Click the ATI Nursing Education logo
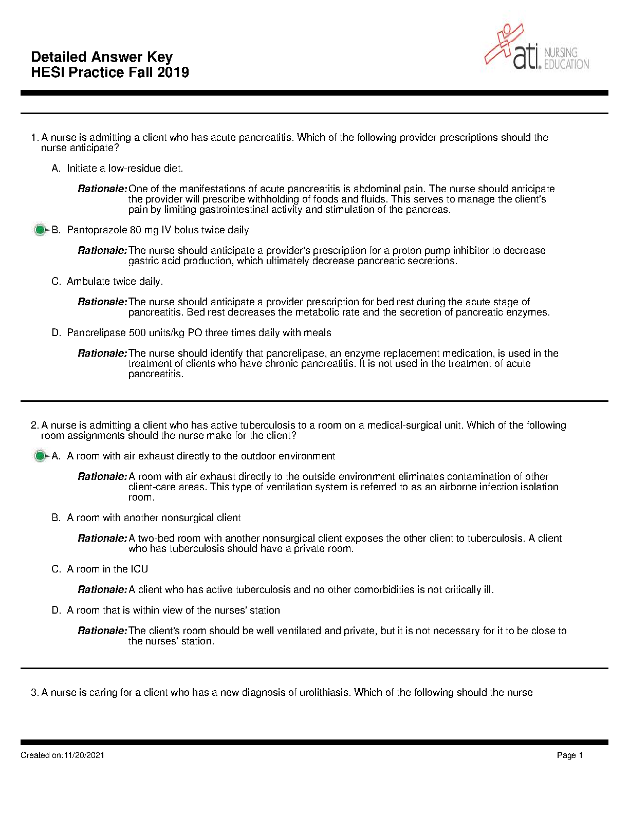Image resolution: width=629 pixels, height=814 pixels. tap(538, 47)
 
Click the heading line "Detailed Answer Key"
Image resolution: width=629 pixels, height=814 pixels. tap(102, 57)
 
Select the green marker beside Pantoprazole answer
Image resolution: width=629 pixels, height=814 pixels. tap(40, 230)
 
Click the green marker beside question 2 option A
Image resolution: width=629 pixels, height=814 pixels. tap(40, 456)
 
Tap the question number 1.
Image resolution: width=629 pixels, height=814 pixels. tap(34, 138)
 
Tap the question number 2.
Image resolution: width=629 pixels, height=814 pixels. tap(34, 425)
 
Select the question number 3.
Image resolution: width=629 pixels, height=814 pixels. tap(34, 693)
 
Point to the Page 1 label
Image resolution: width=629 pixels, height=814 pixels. tap(569, 755)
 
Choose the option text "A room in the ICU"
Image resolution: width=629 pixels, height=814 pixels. tap(107, 569)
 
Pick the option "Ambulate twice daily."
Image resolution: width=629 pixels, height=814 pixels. tap(115, 282)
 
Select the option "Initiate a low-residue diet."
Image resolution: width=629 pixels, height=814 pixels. tap(125, 169)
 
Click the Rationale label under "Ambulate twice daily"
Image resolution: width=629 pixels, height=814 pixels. tap(102, 302)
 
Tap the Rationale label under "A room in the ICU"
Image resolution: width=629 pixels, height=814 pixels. tap(102, 590)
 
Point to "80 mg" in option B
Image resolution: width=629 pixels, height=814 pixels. tap(144, 230)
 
